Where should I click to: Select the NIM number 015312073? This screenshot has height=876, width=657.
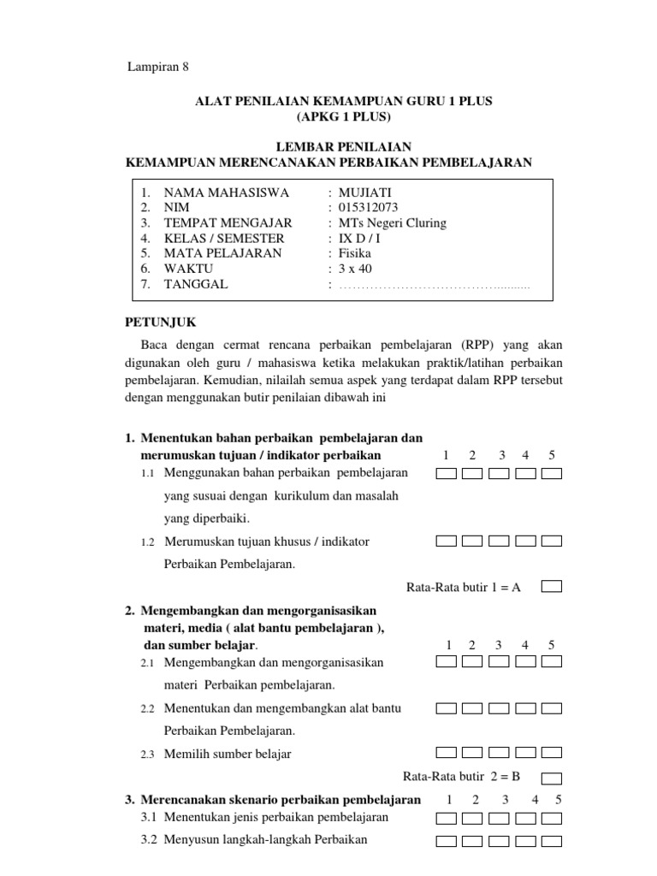click(369, 208)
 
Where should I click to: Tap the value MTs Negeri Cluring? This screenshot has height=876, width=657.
click(393, 223)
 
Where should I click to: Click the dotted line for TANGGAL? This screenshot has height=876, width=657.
click(435, 286)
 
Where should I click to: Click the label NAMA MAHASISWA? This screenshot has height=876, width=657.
click(227, 192)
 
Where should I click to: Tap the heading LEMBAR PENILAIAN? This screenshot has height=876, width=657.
click(328, 147)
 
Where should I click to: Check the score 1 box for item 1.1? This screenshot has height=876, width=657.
click(446, 473)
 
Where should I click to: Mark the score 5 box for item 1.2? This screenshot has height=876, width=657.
click(552, 541)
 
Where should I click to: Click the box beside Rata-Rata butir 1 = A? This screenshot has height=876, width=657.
click(552, 587)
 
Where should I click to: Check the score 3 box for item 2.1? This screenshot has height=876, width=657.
click(499, 662)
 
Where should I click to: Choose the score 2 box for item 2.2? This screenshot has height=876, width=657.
click(472, 708)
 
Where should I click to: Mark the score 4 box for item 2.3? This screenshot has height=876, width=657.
click(525, 754)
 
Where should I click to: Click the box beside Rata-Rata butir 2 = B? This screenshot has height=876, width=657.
click(552, 778)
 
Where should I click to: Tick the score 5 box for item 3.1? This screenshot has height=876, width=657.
click(552, 818)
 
